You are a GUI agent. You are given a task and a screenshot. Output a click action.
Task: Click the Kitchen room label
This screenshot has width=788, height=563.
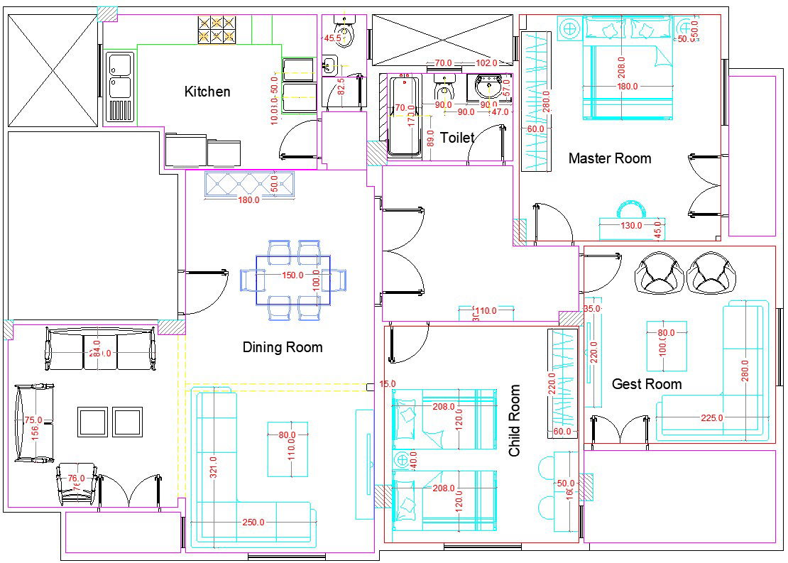tap(207, 92)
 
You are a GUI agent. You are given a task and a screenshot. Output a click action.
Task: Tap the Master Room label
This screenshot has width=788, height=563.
tap(609, 158)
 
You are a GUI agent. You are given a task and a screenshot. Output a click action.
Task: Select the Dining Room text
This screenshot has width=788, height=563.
tap(283, 347)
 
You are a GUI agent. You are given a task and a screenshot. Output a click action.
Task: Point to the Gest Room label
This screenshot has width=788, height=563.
tap(647, 384)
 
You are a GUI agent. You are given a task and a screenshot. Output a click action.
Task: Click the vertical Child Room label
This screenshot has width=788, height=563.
tap(515, 421)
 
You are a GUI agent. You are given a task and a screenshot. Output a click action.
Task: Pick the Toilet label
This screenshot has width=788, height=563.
tap(457, 138)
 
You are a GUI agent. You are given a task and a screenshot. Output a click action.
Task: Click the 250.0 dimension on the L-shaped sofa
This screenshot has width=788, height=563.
tap(253, 523)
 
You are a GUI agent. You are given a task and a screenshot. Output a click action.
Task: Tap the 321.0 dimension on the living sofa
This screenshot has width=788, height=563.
tap(213, 466)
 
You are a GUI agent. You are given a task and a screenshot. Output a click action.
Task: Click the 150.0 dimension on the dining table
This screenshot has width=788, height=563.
tap(292, 275)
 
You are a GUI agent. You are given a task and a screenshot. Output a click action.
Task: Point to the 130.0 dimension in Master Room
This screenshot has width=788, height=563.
tap(630, 226)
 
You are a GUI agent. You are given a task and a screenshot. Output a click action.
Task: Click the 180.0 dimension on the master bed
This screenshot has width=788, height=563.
tap(628, 87)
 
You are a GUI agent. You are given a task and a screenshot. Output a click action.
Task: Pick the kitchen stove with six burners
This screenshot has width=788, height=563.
tap(217, 29)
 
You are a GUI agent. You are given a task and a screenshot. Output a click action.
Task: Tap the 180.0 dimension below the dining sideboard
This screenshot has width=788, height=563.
tap(248, 200)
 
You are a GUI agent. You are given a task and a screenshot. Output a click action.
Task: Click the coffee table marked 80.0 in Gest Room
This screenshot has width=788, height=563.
tap(667, 346)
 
